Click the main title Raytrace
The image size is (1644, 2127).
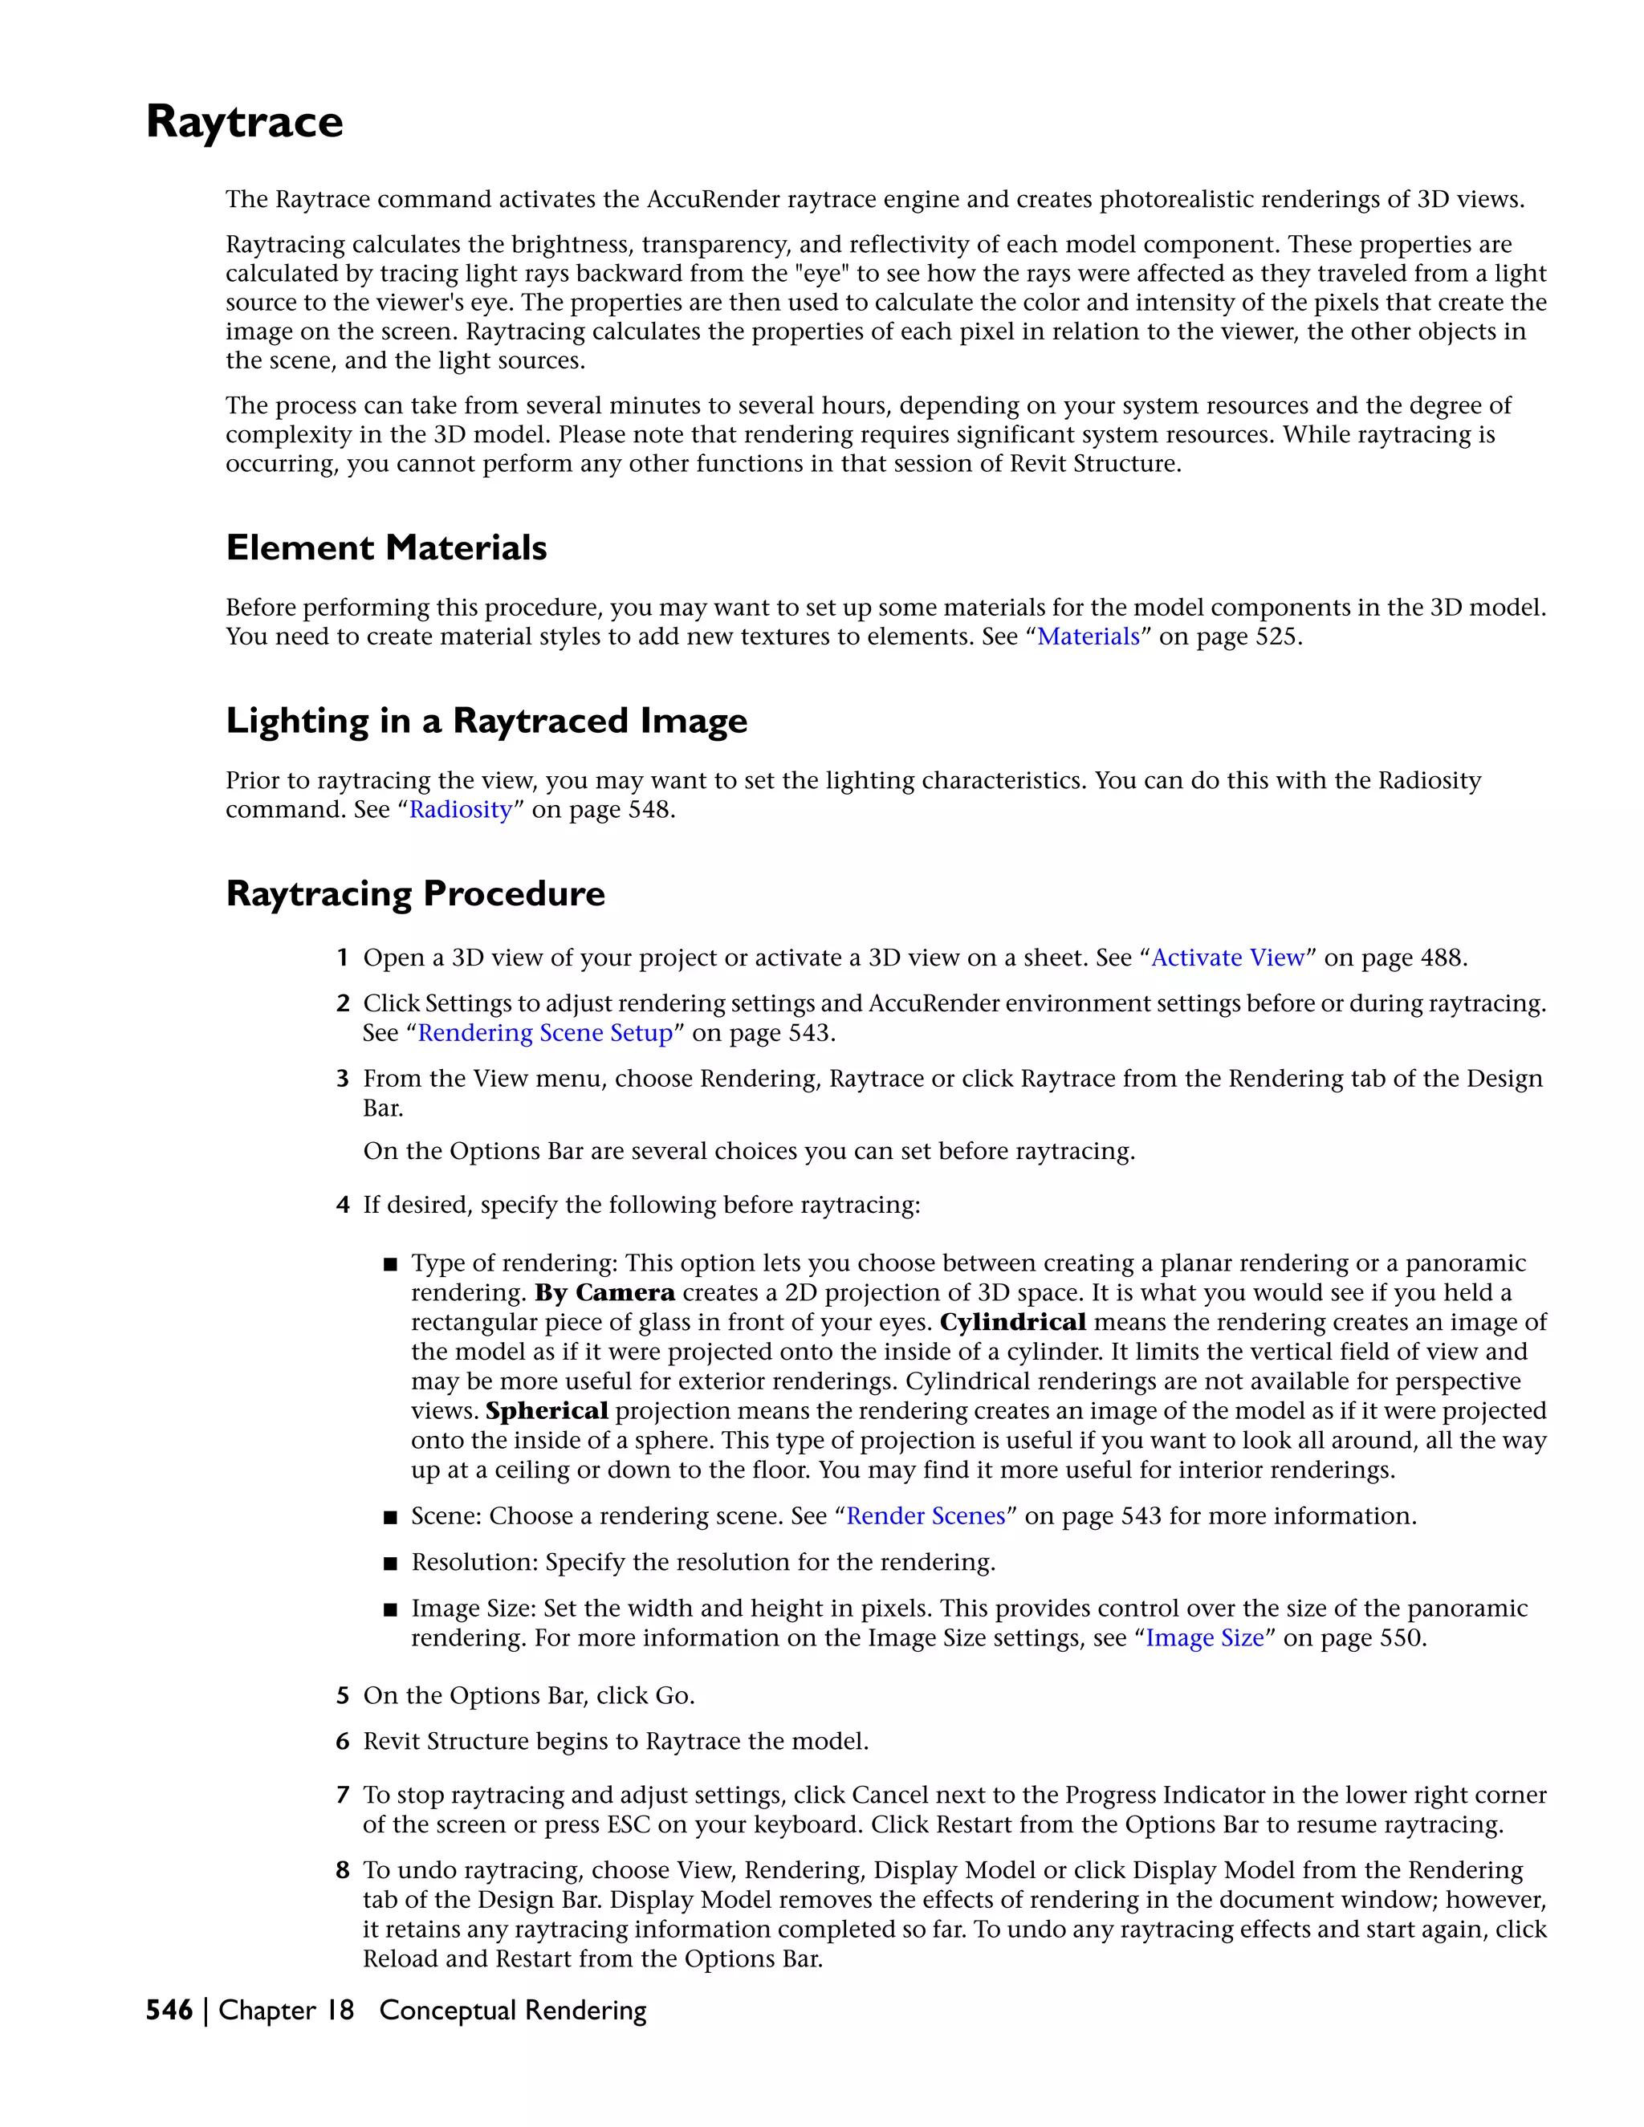click(x=245, y=123)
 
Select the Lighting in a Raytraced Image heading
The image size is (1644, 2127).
click(x=486, y=722)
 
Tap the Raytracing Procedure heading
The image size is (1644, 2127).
click(x=415, y=894)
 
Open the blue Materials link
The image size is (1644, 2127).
click(x=1088, y=637)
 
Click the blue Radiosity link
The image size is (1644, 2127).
click(x=460, y=811)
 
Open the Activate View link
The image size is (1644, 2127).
click(x=1227, y=958)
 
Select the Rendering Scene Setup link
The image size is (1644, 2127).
click(x=544, y=1033)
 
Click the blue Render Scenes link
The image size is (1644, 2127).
click(x=926, y=1516)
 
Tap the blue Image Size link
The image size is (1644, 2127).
click(x=1204, y=1638)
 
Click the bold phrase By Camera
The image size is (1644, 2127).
click(x=604, y=1293)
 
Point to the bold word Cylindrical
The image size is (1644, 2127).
click(x=1012, y=1323)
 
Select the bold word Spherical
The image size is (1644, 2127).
click(x=547, y=1411)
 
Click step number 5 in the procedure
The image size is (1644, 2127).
click(x=343, y=1697)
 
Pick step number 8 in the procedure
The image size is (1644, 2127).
click(x=343, y=1871)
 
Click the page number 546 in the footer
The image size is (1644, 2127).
click(x=169, y=2011)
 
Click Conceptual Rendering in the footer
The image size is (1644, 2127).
click(x=512, y=2011)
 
